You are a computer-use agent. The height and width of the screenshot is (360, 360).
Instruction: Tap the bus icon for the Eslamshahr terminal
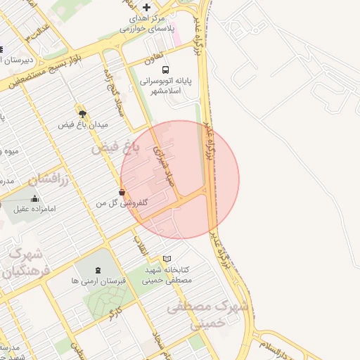click(165, 70)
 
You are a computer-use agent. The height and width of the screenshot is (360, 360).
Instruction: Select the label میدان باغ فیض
click(82, 124)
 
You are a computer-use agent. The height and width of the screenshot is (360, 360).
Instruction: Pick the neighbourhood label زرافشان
click(51, 179)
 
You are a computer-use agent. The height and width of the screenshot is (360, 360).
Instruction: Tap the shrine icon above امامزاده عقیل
click(34, 199)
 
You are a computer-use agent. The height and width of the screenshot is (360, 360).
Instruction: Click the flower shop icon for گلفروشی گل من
click(122, 191)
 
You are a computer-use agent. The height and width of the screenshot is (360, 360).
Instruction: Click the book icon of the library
click(167, 258)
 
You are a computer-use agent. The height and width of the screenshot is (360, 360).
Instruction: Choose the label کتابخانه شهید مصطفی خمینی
click(168, 274)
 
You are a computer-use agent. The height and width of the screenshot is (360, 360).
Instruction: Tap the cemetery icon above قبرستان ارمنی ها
click(97, 269)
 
